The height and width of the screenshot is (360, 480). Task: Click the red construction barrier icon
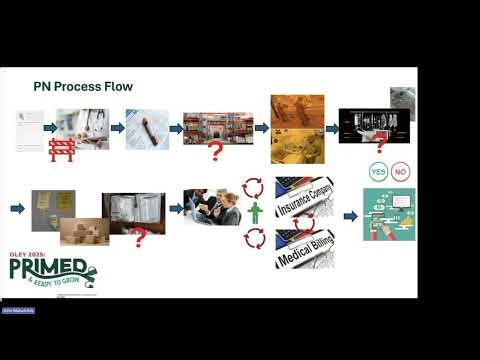(x=62, y=150)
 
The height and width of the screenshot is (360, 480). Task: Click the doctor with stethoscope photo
(x=85, y=128)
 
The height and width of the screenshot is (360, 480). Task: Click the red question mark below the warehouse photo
(x=213, y=152)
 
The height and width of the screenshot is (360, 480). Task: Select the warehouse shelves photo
(x=212, y=127)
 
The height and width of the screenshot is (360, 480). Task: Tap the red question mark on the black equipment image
(x=380, y=147)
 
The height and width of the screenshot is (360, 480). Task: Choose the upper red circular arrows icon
(x=254, y=186)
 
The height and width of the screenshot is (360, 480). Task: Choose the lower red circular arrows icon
(x=254, y=239)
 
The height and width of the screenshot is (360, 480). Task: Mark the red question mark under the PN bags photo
(x=139, y=237)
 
